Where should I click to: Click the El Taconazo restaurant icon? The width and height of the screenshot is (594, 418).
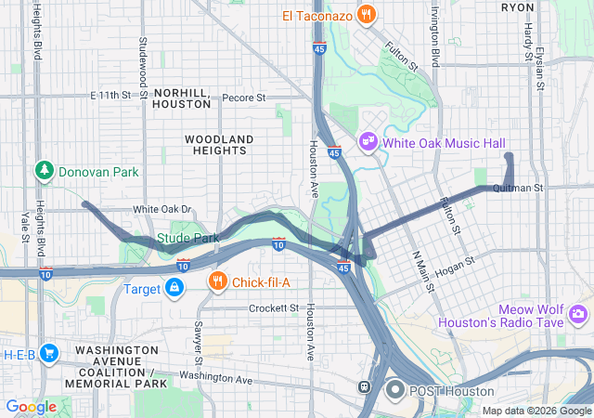point(368,14)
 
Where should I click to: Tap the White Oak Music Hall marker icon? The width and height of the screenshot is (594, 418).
point(368,142)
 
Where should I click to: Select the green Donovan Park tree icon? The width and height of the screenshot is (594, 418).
point(44,171)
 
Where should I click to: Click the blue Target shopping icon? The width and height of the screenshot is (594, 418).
point(174,288)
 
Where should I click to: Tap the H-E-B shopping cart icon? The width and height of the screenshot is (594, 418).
point(49,353)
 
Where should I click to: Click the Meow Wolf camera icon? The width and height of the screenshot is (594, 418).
point(580,315)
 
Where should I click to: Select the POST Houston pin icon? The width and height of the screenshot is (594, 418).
point(394,390)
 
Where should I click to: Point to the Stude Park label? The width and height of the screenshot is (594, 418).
point(187,238)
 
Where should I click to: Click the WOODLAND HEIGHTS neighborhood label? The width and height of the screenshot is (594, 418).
point(219,146)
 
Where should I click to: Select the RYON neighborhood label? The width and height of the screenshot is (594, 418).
point(517,7)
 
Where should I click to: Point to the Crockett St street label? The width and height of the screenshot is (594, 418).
point(275,307)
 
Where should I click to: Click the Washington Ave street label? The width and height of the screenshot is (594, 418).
point(216,378)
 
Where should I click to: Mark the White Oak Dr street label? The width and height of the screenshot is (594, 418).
point(161,210)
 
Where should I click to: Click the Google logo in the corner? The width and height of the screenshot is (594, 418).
point(31,407)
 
